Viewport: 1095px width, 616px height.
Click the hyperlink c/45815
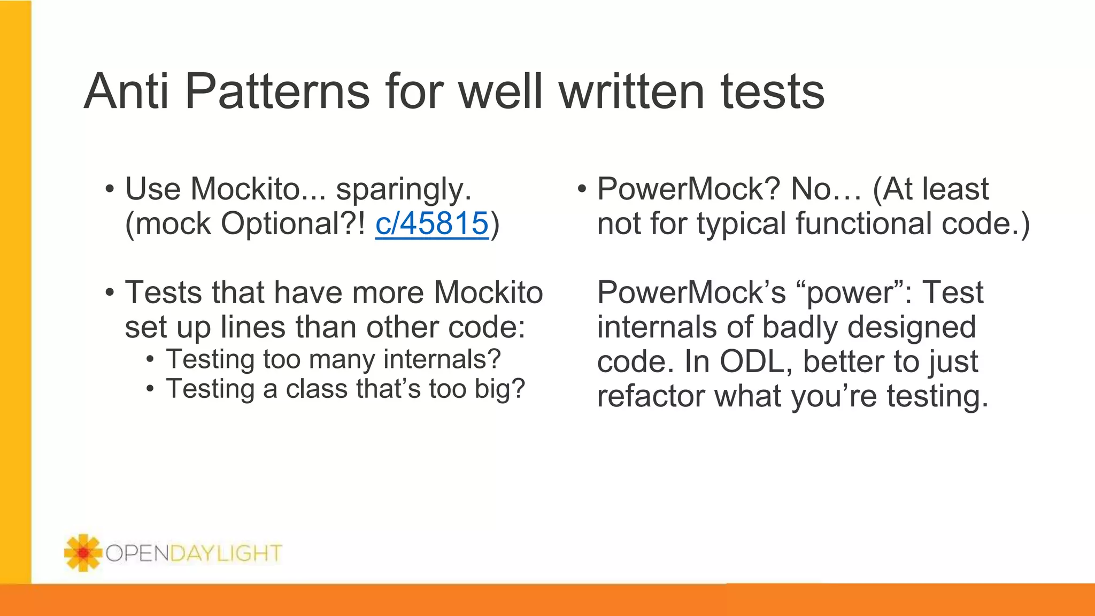(x=432, y=224)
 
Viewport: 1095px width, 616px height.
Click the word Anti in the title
(x=127, y=91)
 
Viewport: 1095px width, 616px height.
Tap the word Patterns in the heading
(x=277, y=91)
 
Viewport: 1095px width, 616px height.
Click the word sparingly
(x=404, y=190)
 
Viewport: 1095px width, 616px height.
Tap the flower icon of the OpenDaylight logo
(x=82, y=552)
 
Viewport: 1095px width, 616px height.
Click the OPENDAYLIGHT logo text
(x=194, y=553)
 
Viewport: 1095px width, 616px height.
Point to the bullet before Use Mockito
(x=110, y=189)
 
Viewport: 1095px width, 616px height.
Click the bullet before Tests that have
(x=110, y=293)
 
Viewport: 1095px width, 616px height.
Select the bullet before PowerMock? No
(x=582, y=189)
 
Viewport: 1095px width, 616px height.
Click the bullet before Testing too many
(x=150, y=359)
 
